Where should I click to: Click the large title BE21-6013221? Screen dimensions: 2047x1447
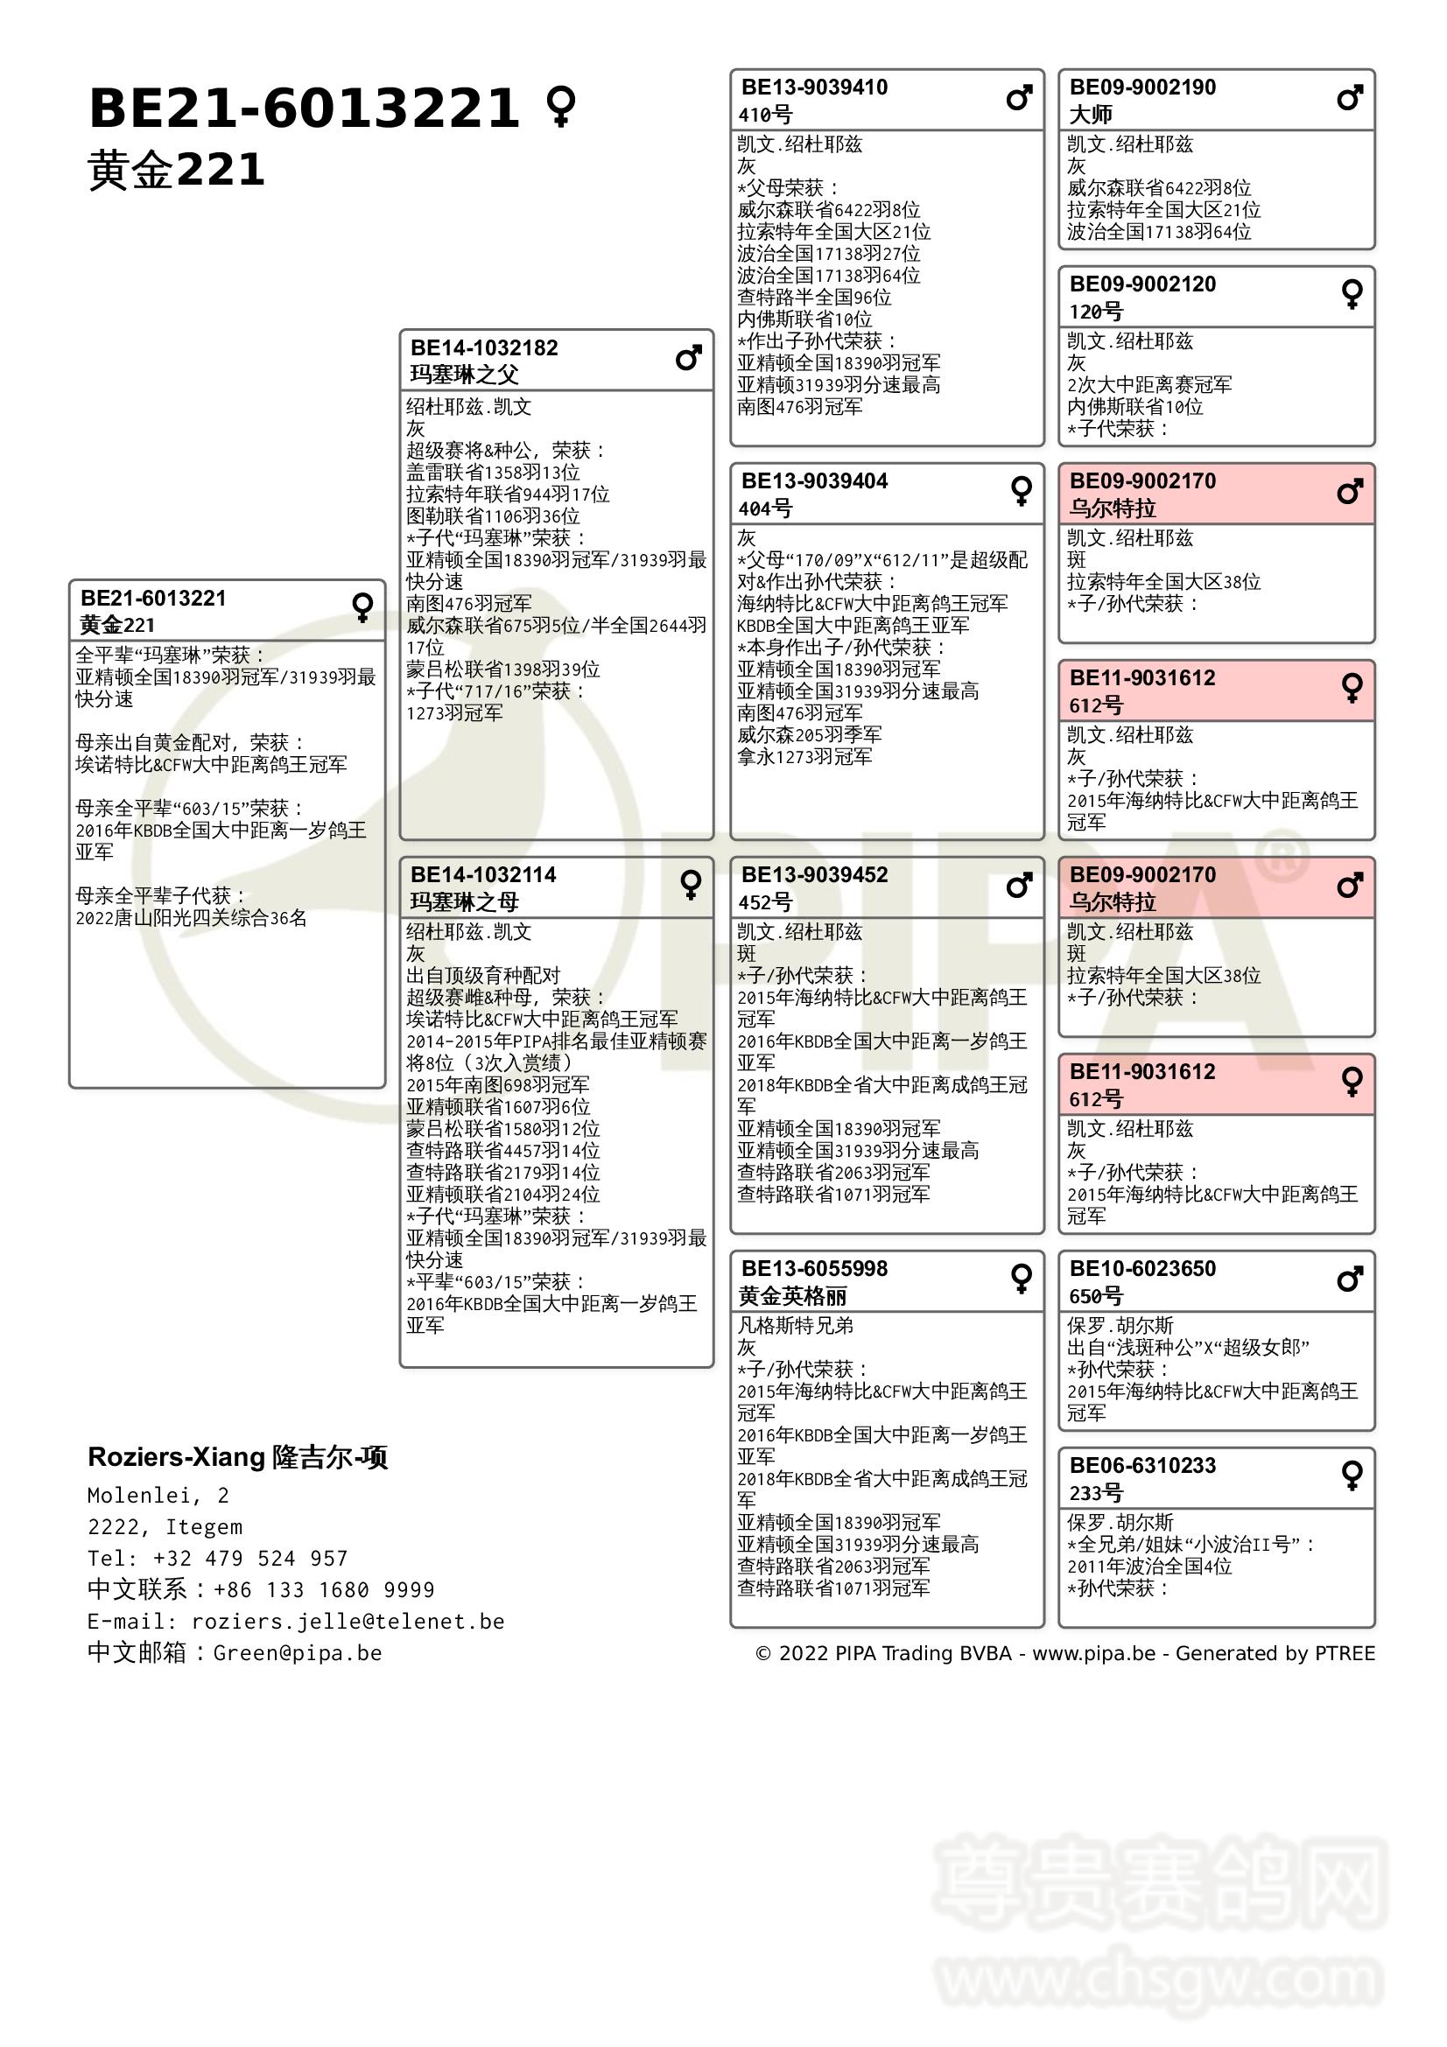303,109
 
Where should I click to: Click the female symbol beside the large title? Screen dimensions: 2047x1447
561,106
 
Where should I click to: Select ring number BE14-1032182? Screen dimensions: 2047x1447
484,347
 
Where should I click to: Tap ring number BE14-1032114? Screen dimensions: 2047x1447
483,874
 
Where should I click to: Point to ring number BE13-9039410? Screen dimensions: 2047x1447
814,88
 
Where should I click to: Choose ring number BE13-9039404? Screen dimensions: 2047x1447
814,481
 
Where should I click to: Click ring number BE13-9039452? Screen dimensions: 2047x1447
814,874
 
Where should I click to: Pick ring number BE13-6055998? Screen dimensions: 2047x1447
814,1269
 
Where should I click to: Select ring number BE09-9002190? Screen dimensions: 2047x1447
1142,88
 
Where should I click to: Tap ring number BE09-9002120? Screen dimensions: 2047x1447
1142,284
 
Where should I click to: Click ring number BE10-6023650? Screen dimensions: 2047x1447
1142,1269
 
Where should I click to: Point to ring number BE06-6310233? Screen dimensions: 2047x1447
1142,1466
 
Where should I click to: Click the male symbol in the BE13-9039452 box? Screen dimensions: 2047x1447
1019,886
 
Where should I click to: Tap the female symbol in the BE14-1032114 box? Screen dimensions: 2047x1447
690,885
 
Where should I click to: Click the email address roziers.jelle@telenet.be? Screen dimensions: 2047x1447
348,1622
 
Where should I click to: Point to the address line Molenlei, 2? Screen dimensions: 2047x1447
158,1495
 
